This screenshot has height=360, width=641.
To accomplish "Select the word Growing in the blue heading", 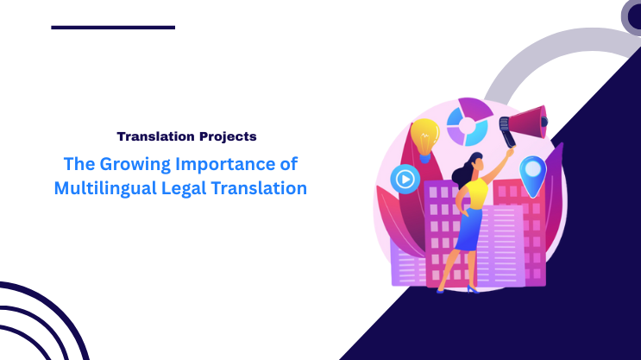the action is point(135,165).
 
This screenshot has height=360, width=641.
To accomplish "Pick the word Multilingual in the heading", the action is point(105,188).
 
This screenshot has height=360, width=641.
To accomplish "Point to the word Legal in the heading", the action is point(184,188).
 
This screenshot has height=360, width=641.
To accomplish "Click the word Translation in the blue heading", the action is point(259,188).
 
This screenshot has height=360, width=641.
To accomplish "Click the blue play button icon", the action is point(405,180).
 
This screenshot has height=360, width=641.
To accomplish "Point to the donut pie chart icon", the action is point(469,122).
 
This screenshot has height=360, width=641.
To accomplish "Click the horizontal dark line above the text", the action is point(113,28).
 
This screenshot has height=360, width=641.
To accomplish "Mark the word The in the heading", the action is point(79,164).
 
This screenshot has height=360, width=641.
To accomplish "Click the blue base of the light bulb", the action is point(425,158).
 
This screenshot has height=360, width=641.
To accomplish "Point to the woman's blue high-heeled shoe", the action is point(473,289).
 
